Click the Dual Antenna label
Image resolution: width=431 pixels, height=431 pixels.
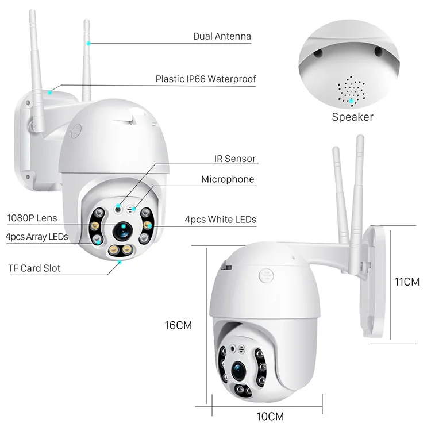click(222, 36)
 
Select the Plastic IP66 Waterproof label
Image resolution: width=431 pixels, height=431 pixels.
click(206, 79)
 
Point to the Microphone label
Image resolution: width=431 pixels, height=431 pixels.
click(228, 179)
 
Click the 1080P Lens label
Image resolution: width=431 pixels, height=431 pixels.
click(32, 218)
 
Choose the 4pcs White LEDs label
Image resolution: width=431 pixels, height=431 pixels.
click(221, 219)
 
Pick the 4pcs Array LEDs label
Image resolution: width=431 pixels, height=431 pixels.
click(37, 236)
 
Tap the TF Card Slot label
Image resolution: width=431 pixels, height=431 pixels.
click(34, 268)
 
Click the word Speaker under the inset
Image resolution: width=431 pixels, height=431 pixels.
click(352, 117)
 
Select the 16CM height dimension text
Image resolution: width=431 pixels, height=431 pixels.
click(178, 325)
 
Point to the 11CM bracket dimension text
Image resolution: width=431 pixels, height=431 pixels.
click(406, 283)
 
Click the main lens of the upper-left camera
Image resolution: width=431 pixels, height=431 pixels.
click(122, 230)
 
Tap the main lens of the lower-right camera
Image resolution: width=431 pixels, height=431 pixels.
click(238, 367)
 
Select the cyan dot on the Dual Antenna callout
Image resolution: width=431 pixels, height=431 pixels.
click(88, 43)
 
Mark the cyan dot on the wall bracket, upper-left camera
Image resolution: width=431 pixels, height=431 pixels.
click(50, 91)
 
